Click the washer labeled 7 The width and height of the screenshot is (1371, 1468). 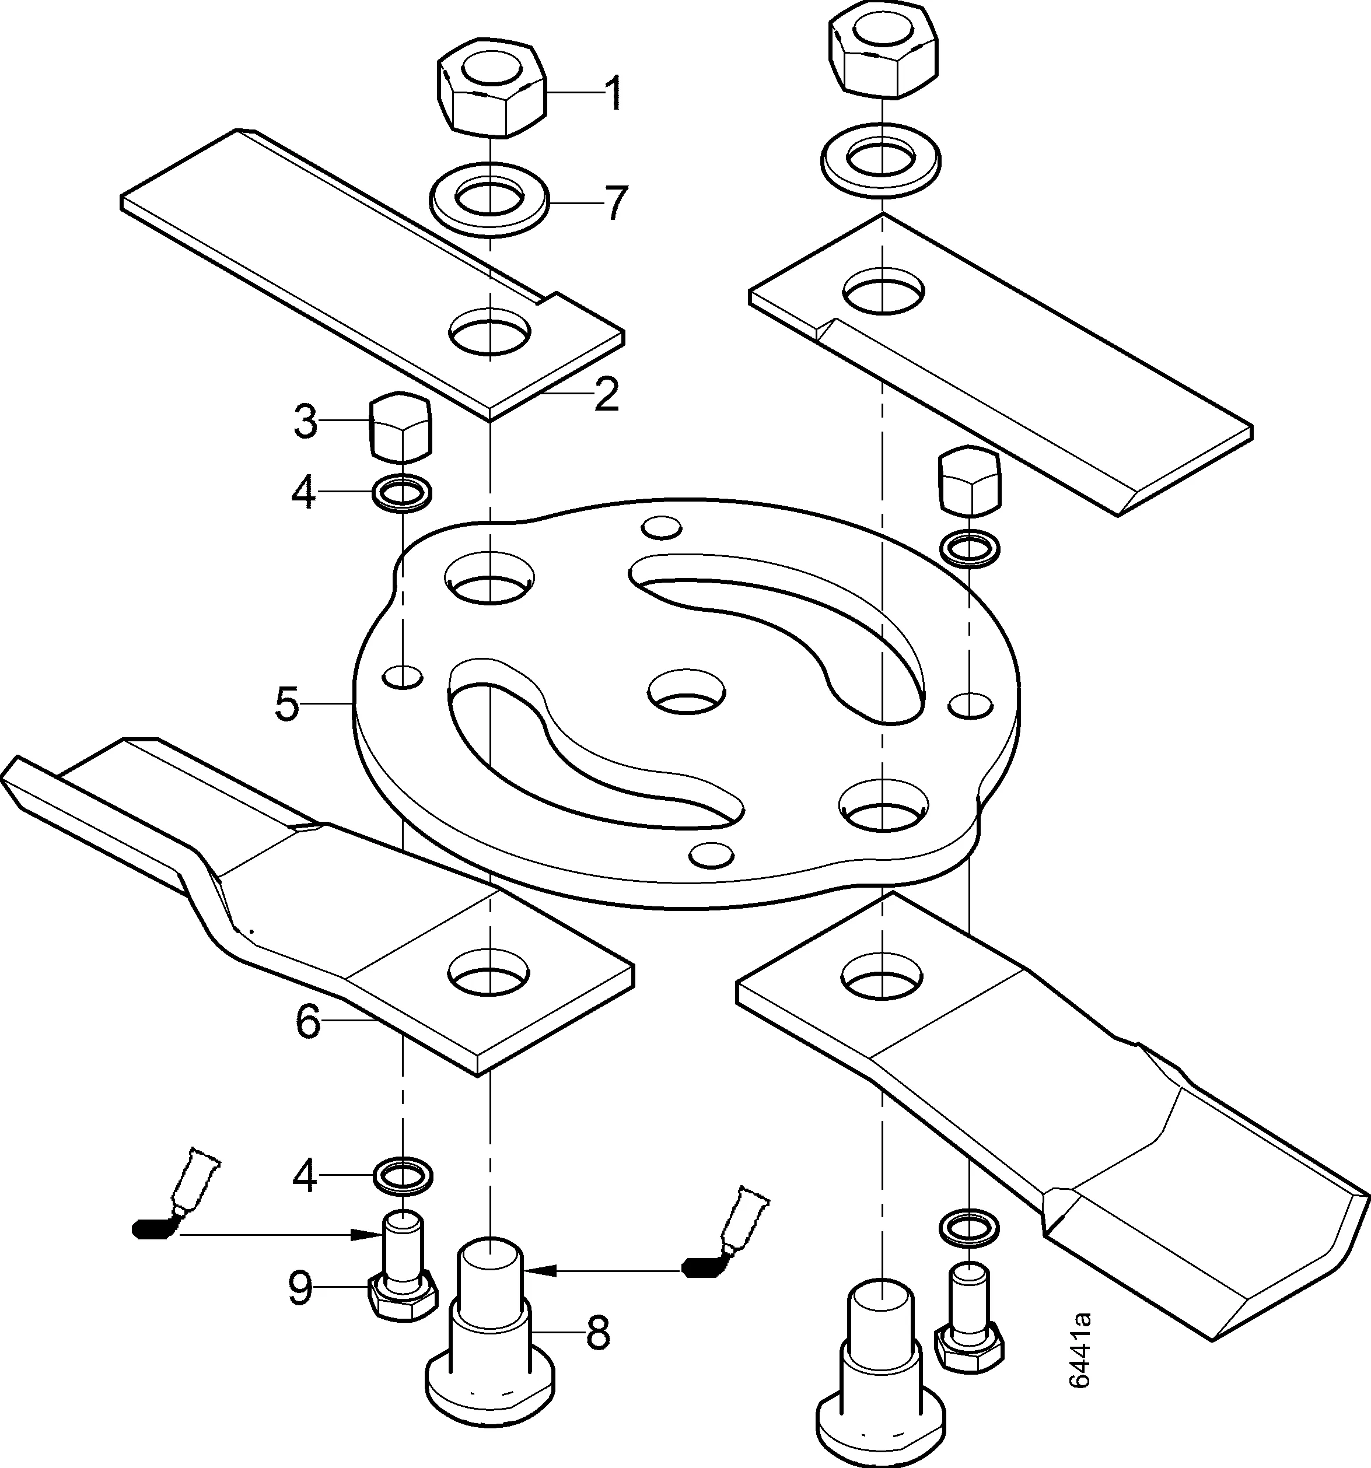(x=489, y=199)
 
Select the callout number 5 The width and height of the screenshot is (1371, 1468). (x=286, y=705)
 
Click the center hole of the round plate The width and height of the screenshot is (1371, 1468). (x=686, y=692)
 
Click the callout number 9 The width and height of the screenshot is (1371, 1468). (x=300, y=1290)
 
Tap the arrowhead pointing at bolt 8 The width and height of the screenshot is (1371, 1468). (x=540, y=1271)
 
